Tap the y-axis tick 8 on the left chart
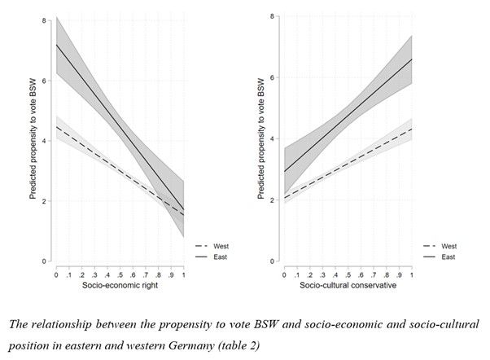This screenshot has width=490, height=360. click(x=45, y=19)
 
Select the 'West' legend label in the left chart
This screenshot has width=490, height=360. click(x=221, y=245)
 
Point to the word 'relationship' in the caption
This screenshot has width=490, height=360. click(x=66, y=323)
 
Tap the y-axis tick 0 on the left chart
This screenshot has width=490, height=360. click(x=45, y=261)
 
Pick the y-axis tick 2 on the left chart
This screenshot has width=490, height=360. click(x=45, y=200)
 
